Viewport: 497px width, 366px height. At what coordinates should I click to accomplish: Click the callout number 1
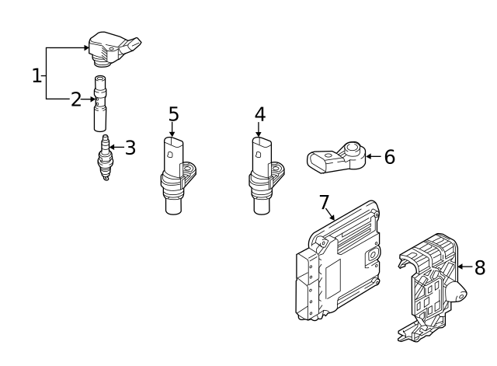pyautogui.click(x=37, y=76)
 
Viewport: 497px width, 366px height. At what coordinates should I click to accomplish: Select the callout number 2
pyautogui.click(x=76, y=99)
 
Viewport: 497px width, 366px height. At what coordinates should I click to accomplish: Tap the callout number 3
pyautogui.click(x=130, y=148)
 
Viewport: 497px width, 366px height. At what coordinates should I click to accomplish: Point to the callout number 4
pyautogui.click(x=260, y=114)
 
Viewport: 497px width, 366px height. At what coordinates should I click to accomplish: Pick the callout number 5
pyautogui.click(x=174, y=114)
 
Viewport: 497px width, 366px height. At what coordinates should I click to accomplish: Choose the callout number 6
pyautogui.click(x=390, y=157)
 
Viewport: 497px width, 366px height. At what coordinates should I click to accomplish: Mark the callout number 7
pyautogui.click(x=325, y=202)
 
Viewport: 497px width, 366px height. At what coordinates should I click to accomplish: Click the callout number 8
pyautogui.click(x=480, y=267)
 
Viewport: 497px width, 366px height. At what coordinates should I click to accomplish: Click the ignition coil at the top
pyautogui.click(x=113, y=49)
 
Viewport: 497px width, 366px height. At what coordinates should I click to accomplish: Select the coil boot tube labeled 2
pyautogui.click(x=100, y=103)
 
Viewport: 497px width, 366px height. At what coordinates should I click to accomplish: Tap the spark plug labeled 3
pyautogui.click(x=105, y=158)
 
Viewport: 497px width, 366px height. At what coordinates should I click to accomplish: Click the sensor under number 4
pyautogui.click(x=266, y=176)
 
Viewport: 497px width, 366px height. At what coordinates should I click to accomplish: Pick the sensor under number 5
pyautogui.click(x=177, y=176)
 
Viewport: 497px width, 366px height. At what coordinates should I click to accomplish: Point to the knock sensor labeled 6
pyautogui.click(x=336, y=157)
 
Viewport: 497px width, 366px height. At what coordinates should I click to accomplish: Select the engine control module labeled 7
pyautogui.click(x=338, y=260)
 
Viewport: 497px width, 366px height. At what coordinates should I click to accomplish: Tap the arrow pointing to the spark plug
pyautogui.click(x=117, y=148)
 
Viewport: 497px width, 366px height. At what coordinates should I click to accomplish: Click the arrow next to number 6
pyautogui.click(x=374, y=157)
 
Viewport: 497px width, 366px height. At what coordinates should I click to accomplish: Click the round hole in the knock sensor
pyautogui.click(x=352, y=148)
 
